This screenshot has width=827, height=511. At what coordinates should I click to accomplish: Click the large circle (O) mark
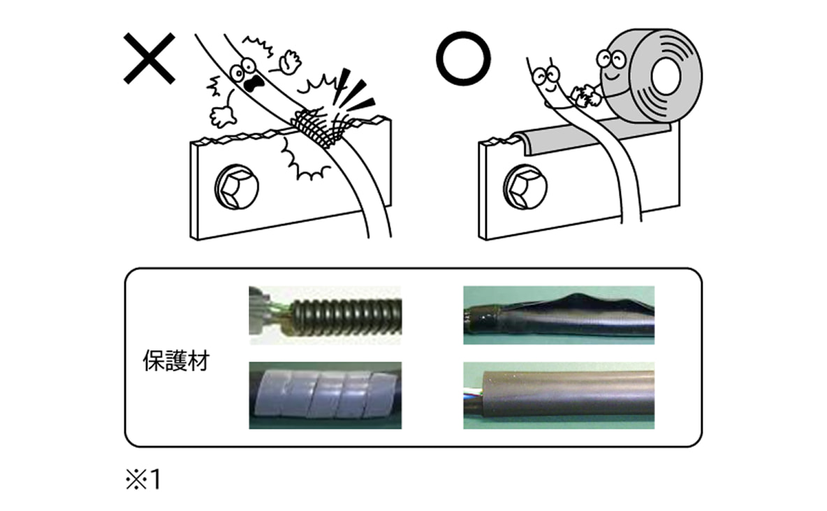point(463,58)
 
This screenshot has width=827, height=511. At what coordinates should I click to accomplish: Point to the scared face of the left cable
point(248,77)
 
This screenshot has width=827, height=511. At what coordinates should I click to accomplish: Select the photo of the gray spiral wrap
point(325,395)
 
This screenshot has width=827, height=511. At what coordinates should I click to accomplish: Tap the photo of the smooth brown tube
point(559,395)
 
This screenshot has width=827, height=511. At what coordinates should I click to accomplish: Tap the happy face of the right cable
point(543,80)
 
